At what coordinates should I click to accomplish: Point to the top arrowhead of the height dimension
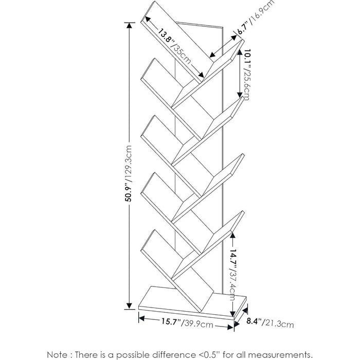(x=128, y=26)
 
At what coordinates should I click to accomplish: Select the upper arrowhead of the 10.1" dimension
(x=239, y=55)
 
